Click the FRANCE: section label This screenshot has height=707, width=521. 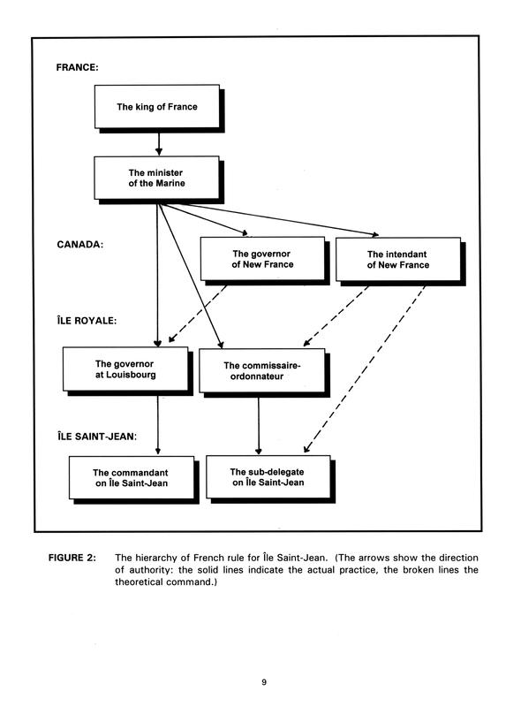click(x=77, y=68)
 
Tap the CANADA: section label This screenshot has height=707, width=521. click(x=79, y=245)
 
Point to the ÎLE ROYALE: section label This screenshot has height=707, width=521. click(x=87, y=321)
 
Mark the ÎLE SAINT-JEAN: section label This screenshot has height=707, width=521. click(x=97, y=436)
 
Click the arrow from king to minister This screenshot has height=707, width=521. click(x=158, y=144)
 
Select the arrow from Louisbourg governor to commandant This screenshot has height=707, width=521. click(x=158, y=425)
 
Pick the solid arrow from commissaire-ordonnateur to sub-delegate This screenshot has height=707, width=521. click(x=258, y=426)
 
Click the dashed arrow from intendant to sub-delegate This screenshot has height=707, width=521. click(x=364, y=369)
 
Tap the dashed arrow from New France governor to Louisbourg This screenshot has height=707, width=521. click(x=198, y=314)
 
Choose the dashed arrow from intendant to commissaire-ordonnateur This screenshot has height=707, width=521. click(x=336, y=315)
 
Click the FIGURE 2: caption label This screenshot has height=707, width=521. click(x=72, y=558)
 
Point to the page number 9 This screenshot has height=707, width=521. click(x=264, y=682)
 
